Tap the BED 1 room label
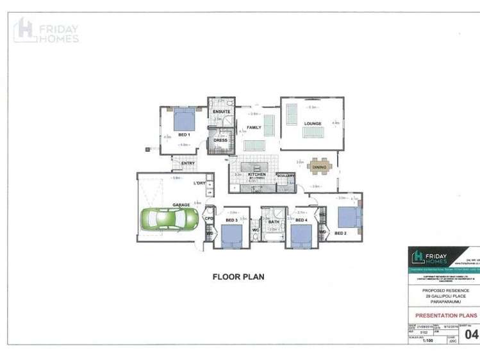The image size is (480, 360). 183,135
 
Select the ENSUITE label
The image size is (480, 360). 221,112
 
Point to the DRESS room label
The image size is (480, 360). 220,140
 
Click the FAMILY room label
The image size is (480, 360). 254,127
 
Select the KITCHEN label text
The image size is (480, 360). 257,174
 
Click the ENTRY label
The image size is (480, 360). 188,163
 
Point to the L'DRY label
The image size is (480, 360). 200,184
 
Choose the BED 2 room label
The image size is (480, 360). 341,234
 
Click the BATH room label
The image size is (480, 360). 274,221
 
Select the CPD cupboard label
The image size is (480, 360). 208,219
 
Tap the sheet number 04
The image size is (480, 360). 471,334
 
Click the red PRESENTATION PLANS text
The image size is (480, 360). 447,316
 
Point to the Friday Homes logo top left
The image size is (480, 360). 47,30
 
